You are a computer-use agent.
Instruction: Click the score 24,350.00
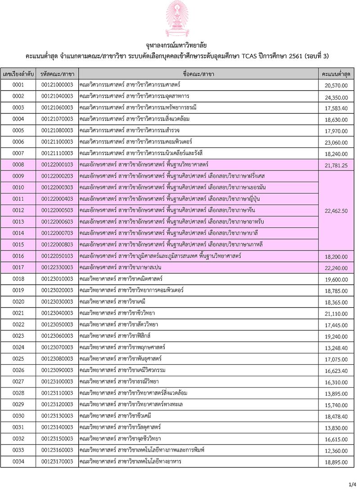click(336, 97)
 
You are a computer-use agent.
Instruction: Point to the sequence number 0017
click(18, 267)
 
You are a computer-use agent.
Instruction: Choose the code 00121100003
click(57, 142)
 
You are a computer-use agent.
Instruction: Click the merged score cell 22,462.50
click(336, 211)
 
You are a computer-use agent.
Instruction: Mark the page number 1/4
click(352, 484)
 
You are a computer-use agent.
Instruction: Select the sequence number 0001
click(18, 85)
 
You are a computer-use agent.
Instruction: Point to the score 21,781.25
click(336, 166)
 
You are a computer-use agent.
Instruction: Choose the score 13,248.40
click(336, 348)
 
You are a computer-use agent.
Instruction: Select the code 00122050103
click(57, 256)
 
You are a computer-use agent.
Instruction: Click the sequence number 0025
click(18, 359)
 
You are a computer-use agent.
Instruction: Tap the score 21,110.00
click(336, 314)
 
